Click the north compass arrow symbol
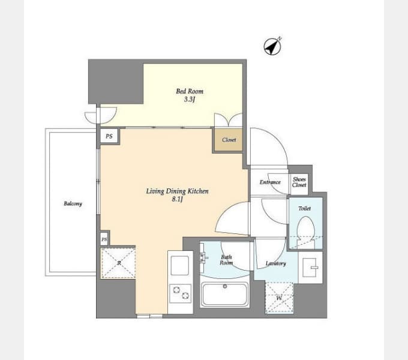tap(272, 46)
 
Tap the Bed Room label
tap(190, 91)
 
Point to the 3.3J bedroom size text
tap(190, 100)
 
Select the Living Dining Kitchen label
tap(177, 191)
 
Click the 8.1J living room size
tap(177, 199)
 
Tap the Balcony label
tap(73, 203)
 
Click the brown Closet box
tap(228, 140)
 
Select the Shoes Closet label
tap(299, 182)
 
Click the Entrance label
tap(270, 182)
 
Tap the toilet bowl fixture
tap(306, 232)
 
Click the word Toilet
tap(304, 208)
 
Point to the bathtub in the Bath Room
tap(225, 294)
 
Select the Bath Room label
tap(226, 260)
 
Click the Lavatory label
tap(275, 263)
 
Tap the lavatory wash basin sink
tap(310, 267)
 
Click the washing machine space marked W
tap(279, 298)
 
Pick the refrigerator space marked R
tap(118, 263)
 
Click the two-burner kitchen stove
tap(181, 293)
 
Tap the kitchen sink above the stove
tap(180, 265)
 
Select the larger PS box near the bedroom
tap(109, 136)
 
